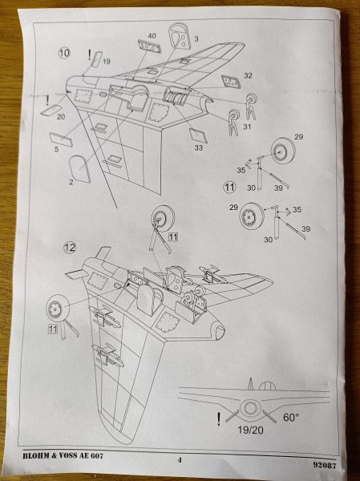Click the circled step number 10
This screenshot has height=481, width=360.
(x=64, y=53)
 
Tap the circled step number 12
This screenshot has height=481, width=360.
(x=70, y=247)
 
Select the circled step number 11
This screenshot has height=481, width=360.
(x=229, y=187)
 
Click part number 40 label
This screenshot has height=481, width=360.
(x=152, y=36)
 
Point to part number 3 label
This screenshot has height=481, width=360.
(x=196, y=39)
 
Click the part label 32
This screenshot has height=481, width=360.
(x=248, y=75)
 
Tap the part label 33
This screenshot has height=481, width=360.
(x=199, y=148)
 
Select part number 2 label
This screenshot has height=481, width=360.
(x=71, y=183)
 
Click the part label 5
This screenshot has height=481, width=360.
(x=56, y=150)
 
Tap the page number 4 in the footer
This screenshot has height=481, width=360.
(x=180, y=460)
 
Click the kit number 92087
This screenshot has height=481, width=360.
(x=325, y=465)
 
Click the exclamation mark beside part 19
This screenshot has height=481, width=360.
(x=89, y=55)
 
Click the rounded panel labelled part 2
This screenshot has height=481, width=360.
(x=80, y=168)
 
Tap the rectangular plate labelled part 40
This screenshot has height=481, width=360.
(x=149, y=46)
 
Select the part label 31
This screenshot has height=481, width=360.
(x=248, y=127)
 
